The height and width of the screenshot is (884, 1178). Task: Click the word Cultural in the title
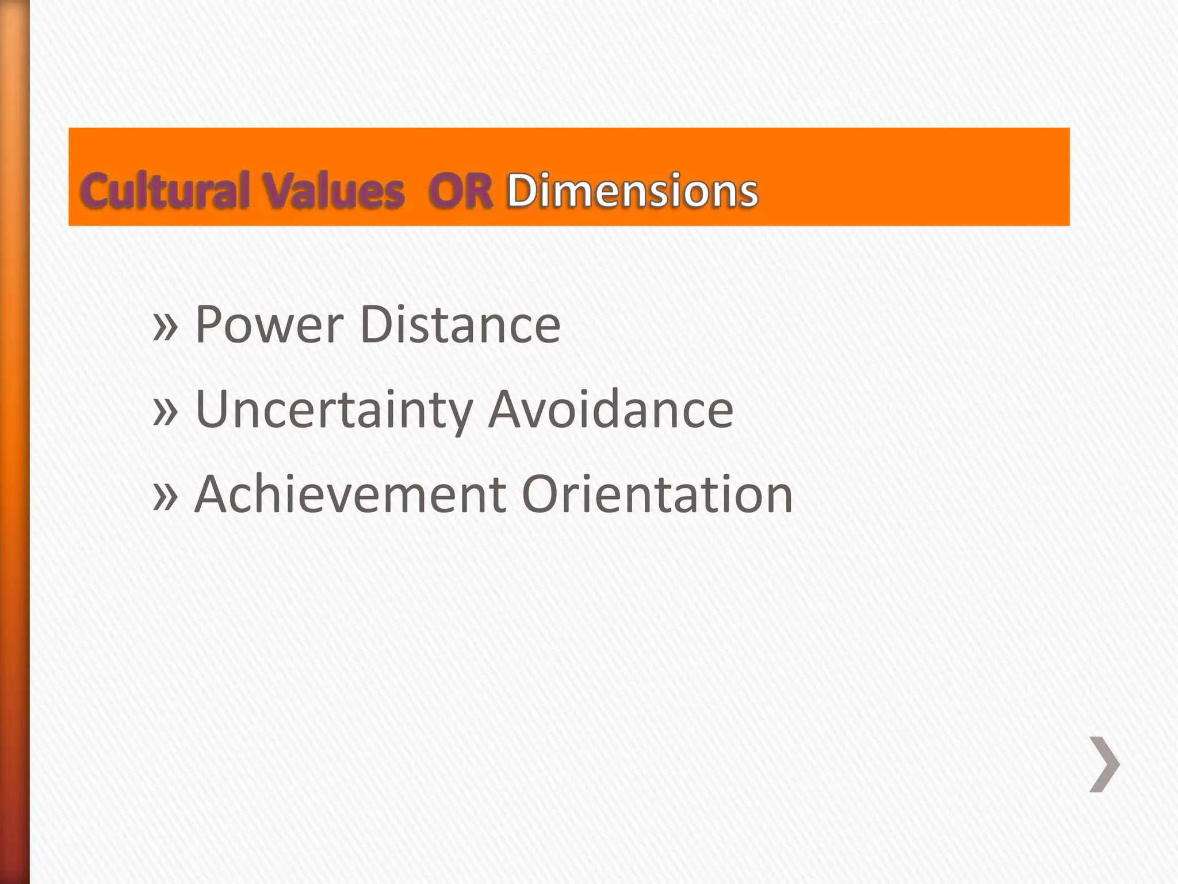[166, 190]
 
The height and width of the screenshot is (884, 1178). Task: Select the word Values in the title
[334, 190]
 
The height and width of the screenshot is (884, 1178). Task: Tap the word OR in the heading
[461, 190]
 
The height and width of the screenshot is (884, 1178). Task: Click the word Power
[269, 325]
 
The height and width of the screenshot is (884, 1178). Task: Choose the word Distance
[460, 325]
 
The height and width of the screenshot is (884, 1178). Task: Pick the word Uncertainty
[334, 410]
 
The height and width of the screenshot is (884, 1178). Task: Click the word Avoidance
[611, 410]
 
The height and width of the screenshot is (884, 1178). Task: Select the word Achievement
[350, 494]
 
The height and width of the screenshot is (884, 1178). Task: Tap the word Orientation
[657, 494]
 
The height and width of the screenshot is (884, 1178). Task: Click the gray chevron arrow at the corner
[1104, 764]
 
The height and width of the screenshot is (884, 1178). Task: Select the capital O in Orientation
[542, 494]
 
